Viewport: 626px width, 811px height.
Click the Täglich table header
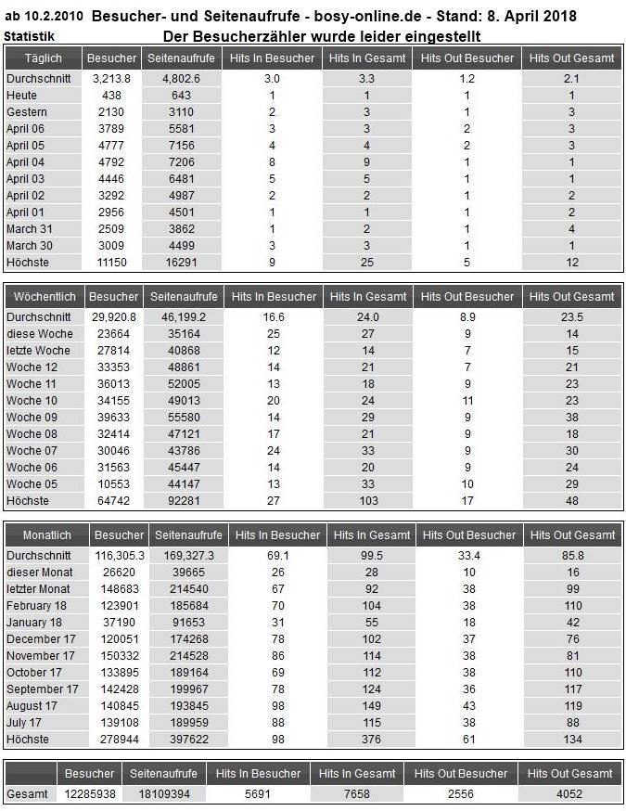[x=43, y=58]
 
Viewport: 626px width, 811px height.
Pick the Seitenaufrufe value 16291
[x=180, y=263]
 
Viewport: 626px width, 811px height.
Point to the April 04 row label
[x=25, y=161]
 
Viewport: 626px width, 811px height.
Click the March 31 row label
[x=30, y=229]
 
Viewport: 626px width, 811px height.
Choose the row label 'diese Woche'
[x=40, y=333]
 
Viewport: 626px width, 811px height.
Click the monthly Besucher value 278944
[x=119, y=740]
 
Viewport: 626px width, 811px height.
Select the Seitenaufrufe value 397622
[x=188, y=740]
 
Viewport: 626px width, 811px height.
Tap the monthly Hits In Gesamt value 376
[x=371, y=740]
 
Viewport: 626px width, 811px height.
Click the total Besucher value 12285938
[x=89, y=795]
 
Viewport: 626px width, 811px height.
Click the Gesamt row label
[x=28, y=795]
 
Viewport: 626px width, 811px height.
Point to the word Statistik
[x=29, y=36]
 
